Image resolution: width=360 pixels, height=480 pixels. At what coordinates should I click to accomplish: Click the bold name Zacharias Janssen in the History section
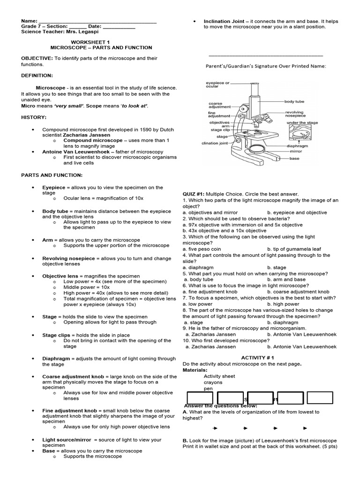[x=83, y=135]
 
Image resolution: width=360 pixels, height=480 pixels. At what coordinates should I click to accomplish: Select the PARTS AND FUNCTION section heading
[x=52, y=175]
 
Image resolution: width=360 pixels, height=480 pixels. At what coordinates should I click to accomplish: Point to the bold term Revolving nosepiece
[x=68, y=258]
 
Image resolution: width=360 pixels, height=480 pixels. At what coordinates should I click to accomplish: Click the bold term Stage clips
[x=57, y=335]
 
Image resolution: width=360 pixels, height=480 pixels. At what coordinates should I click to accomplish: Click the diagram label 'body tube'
[x=294, y=101]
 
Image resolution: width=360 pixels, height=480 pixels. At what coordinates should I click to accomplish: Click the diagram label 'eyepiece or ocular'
[x=218, y=85]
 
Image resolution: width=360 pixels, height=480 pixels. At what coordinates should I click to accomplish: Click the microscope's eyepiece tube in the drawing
[x=255, y=92]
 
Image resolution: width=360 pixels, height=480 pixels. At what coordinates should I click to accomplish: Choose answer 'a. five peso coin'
[x=202, y=249]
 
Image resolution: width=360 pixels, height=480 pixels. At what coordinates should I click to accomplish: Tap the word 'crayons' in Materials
[x=213, y=382]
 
